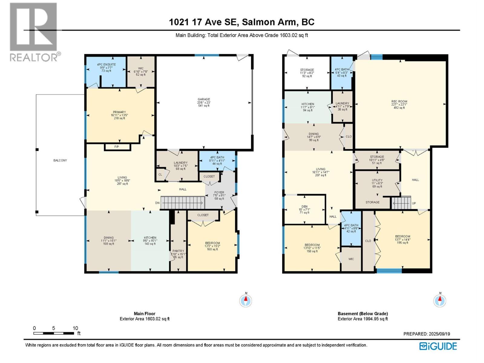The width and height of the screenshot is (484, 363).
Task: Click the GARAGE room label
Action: [204, 99]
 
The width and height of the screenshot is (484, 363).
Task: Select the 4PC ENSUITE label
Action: [106, 64]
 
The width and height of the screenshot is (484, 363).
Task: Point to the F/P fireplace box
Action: [117, 147]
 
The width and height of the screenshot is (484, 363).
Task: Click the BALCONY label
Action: [60, 160]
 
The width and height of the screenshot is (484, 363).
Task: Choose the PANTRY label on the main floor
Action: [178, 251]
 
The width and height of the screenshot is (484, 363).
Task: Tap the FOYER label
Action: [219, 192]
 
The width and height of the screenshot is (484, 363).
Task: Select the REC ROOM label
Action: [399, 102]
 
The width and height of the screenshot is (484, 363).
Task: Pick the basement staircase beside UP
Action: [401, 203]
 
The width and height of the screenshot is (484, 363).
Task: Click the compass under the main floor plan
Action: [246, 300]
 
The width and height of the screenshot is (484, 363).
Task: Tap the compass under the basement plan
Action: [440, 300]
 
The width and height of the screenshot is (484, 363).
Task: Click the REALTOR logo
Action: [34, 31]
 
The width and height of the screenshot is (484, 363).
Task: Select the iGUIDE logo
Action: [438, 346]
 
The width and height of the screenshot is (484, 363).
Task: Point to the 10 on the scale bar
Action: [75, 328]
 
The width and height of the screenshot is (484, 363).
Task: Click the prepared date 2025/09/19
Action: [439, 334]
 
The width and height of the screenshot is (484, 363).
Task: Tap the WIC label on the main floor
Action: [141, 68]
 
